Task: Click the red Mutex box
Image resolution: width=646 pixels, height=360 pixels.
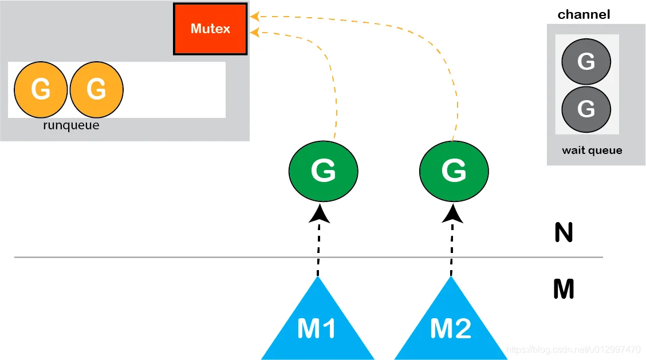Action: (210, 29)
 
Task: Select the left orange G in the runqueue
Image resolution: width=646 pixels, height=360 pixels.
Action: (40, 89)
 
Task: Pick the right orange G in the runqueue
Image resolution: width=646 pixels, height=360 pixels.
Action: (96, 89)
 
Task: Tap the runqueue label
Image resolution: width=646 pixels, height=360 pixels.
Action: (71, 125)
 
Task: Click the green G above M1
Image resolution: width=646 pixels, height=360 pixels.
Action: (324, 171)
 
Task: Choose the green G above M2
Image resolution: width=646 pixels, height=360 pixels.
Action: (454, 171)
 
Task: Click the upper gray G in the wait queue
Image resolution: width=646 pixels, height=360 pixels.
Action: (586, 61)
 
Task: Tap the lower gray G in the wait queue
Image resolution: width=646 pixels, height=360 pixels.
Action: (586, 109)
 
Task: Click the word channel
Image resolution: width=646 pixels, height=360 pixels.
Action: (584, 14)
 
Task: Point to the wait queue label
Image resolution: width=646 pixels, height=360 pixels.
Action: (592, 151)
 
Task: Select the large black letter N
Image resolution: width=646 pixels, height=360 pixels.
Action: (564, 232)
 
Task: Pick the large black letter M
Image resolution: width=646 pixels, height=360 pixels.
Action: (564, 288)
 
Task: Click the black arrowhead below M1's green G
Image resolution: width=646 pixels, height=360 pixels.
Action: (320, 214)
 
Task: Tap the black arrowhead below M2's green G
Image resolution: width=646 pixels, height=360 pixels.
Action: (452, 214)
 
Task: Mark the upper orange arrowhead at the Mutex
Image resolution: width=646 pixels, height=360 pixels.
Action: (255, 17)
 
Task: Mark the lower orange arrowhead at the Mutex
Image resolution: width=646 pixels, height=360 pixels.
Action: (255, 32)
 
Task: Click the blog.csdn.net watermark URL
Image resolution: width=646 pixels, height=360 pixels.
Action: (573, 350)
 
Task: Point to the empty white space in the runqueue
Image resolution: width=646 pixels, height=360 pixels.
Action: (174, 90)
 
